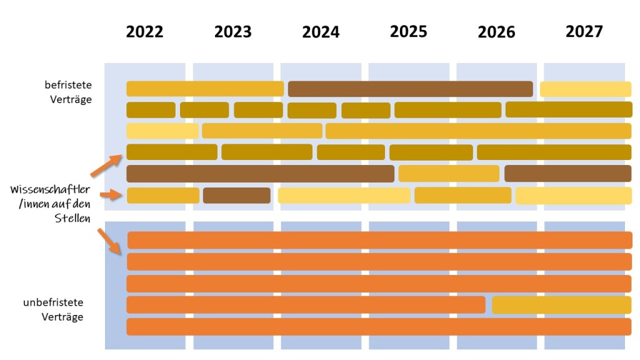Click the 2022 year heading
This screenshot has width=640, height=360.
tap(144, 32)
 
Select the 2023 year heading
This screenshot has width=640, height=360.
tap(232, 32)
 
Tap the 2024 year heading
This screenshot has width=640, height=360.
tap(321, 32)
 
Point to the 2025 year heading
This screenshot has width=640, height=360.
tap(409, 32)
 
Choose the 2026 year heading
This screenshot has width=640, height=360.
tap(496, 32)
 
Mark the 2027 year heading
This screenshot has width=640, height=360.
tap(584, 32)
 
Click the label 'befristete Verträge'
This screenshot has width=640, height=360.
tap(68, 91)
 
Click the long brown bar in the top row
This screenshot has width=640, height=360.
tap(410, 89)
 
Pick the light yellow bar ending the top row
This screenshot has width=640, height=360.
tap(586, 89)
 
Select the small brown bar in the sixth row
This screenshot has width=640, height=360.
tap(237, 196)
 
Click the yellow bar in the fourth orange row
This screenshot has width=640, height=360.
tap(561, 305)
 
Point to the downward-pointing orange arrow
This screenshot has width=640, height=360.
tap(109, 241)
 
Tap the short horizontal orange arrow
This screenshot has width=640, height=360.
tap(110, 196)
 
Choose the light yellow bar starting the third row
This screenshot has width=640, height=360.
tap(162, 131)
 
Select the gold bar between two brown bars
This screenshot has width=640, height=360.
tap(449, 173)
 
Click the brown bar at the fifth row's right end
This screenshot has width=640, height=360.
tap(567, 173)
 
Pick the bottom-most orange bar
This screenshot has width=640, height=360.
tap(379, 326)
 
